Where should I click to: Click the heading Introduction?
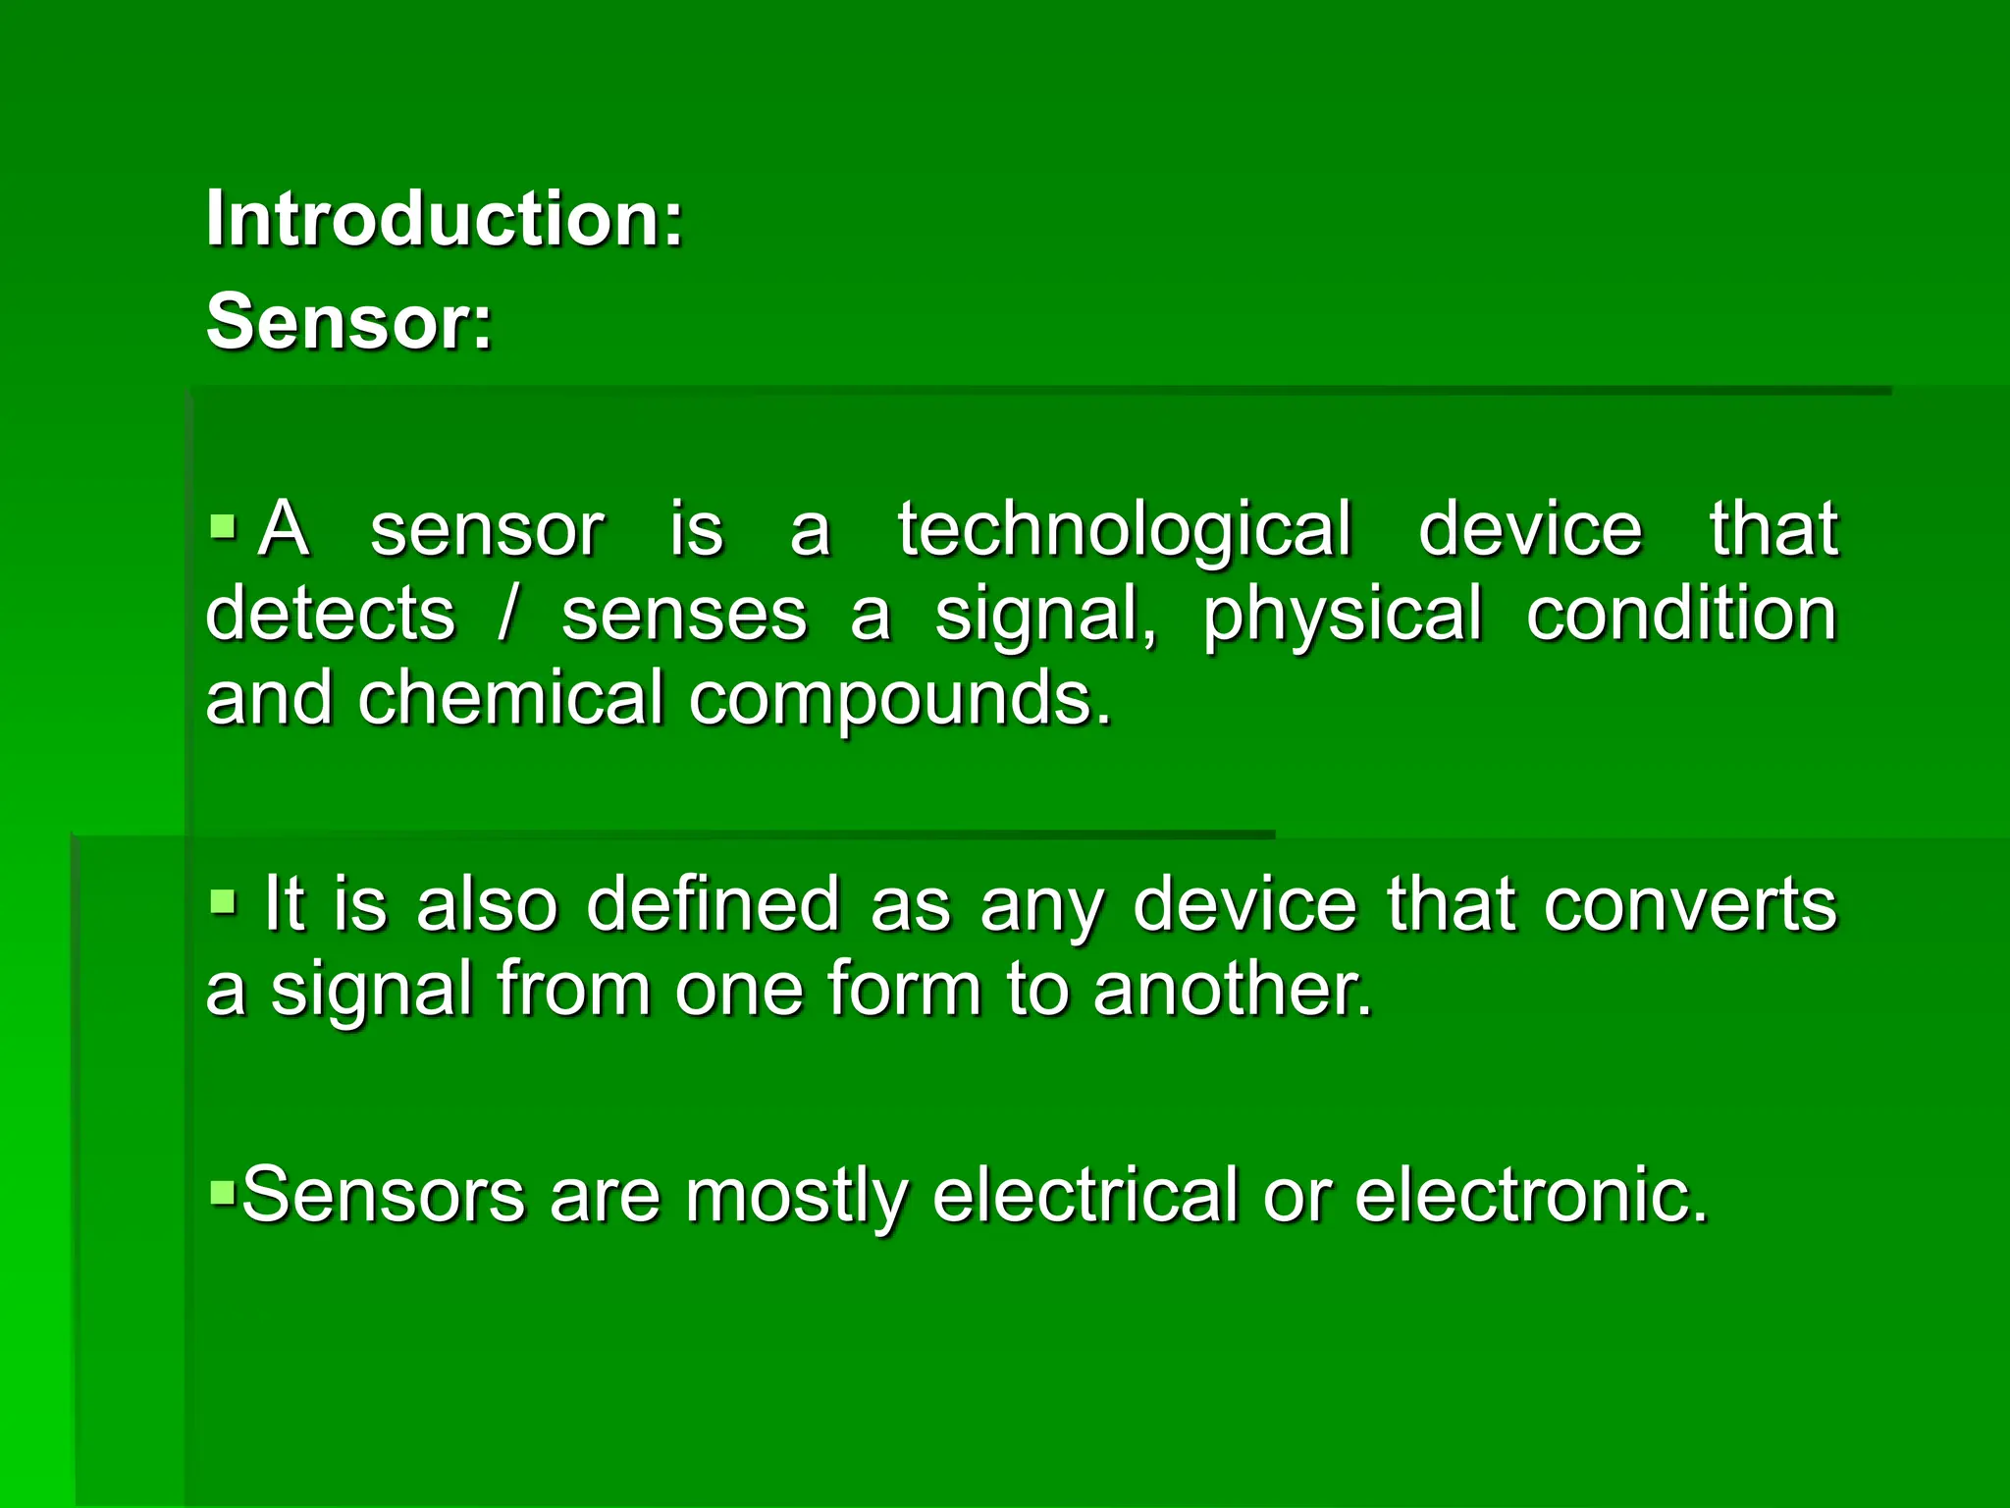445,219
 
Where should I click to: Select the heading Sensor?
348,322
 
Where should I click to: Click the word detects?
331,614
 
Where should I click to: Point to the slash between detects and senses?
507,614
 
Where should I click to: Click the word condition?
1681,614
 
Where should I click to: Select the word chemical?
510,698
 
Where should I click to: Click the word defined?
714,903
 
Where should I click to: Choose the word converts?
1689,903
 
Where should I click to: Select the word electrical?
1085,1195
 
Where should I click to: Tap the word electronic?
1532,1195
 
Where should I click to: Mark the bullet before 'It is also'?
224,900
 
